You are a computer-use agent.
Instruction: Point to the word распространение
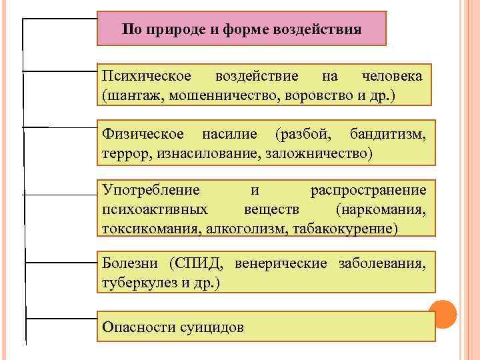tap(368, 192)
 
